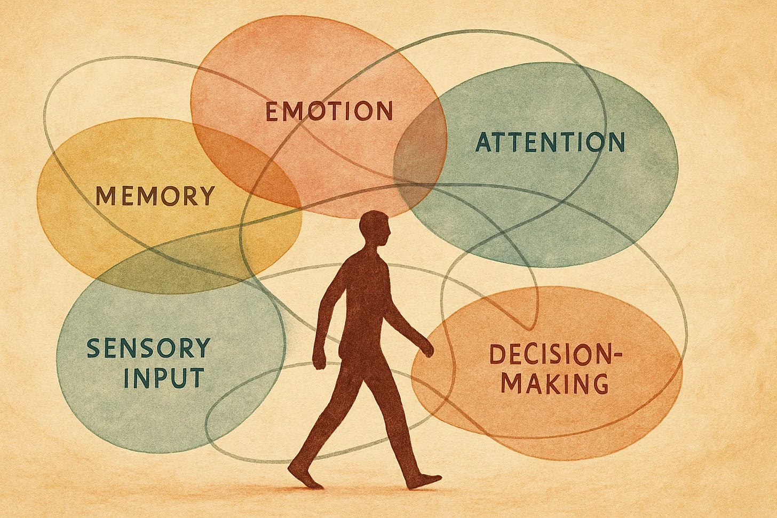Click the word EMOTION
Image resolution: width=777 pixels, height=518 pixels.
329,111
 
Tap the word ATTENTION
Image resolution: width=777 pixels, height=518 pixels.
550,142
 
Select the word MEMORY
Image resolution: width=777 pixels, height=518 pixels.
155,196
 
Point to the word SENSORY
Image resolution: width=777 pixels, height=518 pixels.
148,348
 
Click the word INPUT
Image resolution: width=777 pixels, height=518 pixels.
163,377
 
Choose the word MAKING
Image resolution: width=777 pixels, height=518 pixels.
556,383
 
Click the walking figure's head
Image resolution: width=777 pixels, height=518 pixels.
375,230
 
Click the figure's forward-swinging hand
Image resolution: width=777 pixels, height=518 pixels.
427,349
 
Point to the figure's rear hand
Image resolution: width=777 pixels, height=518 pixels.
319,361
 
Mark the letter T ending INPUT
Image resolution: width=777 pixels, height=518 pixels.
196,377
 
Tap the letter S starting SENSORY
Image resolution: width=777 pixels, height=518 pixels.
93,349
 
